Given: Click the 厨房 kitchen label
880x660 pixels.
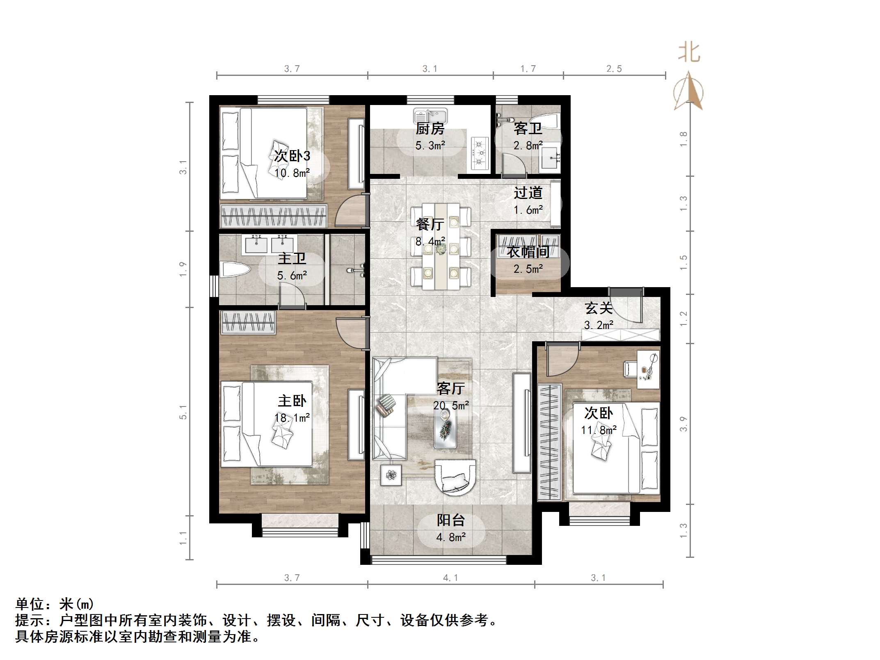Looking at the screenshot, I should pyautogui.click(x=430, y=129).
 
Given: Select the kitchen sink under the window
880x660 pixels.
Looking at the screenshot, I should pyautogui.click(x=430, y=115).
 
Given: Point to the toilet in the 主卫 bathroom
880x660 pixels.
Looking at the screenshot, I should pyautogui.click(x=234, y=270).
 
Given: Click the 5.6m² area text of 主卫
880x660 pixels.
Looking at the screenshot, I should pyautogui.click(x=292, y=276).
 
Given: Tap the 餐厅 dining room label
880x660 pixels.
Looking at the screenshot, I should pyautogui.click(x=430, y=224).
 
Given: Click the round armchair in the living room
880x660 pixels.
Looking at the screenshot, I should pyautogui.click(x=455, y=477).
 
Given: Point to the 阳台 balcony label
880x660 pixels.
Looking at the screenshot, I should pyautogui.click(x=450, y=520).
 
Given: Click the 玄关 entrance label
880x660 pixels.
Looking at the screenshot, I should pyautogui.click(x=598, y=308).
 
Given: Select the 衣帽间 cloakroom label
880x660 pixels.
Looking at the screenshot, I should pyautogui.click(x=528, y=252).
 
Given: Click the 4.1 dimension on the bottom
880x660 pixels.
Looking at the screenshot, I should pyautogui.click(x=450, y=578).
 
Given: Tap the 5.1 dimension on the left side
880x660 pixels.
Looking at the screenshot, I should pyautogui.click(x=183, y=412).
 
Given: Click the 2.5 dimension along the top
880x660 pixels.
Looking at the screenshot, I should pyautogui.click(x=614, y=69).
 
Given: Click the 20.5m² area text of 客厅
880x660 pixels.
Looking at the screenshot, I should pyautogui.click(x=451, y=406).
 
